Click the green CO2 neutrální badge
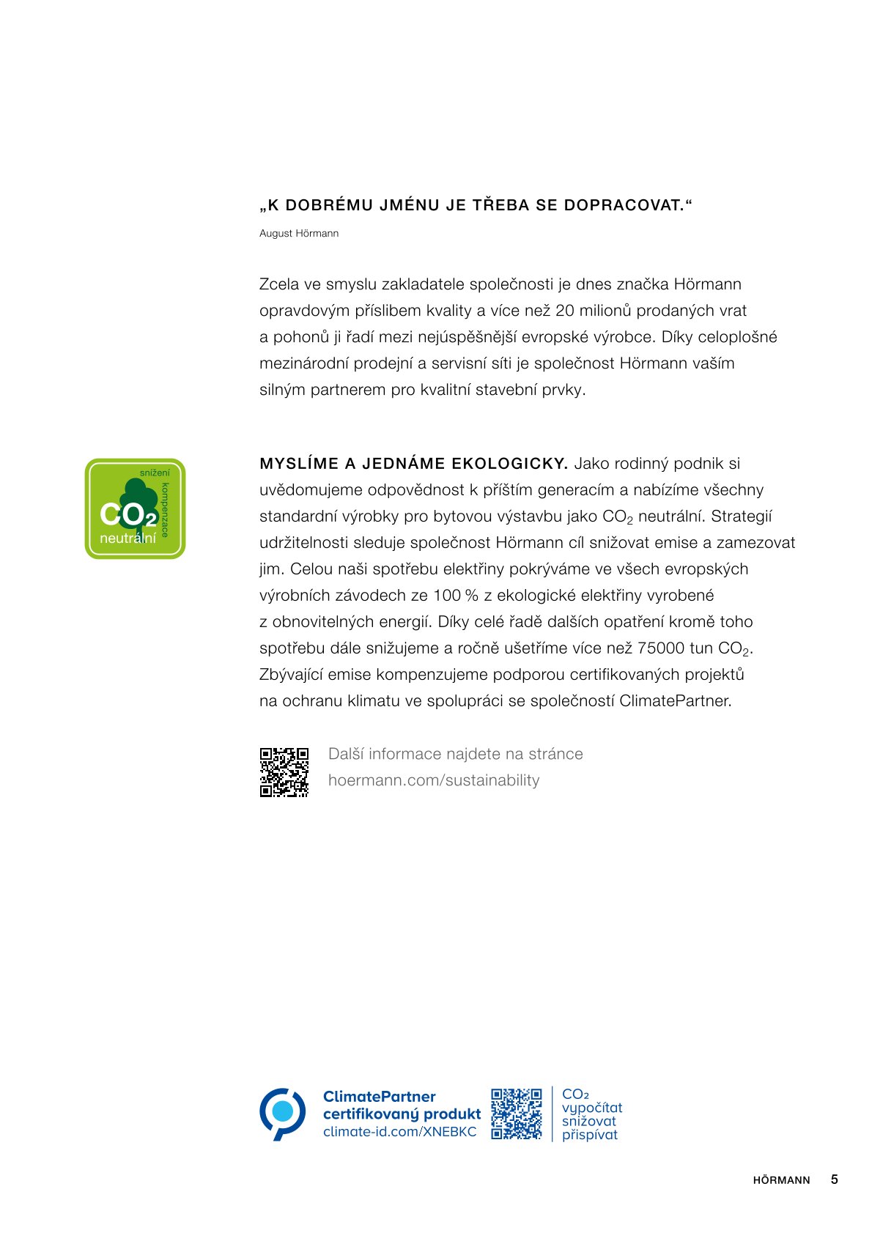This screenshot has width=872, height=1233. [x=135, y=508]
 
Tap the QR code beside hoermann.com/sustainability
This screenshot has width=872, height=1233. [x=284, y=771]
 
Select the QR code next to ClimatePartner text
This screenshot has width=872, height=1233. [x=516, y=1113]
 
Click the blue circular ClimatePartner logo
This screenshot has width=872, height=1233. [x=282, y=1113]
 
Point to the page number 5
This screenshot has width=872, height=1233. [x=834, y=1180]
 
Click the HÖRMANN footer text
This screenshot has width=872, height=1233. [x=781, y=1180]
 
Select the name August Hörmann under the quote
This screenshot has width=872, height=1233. [x=299, y=234]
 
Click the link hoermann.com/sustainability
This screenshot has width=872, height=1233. [x=434, y=780]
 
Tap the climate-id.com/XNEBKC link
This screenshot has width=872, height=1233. [x=399, y=1132]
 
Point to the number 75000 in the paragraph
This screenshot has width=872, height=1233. [x=661, y=648]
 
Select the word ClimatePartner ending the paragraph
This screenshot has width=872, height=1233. [x=674, y=701]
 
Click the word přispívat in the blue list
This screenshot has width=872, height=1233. [x=590, y=1135]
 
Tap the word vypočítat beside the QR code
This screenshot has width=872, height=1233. [x=592, y=1108]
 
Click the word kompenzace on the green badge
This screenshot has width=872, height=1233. [x=165, y=510]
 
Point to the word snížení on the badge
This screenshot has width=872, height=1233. [x=155, y=473]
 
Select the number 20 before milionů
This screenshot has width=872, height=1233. [x=565, y=311]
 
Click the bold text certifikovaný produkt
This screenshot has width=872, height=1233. [x=402, y=1114]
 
